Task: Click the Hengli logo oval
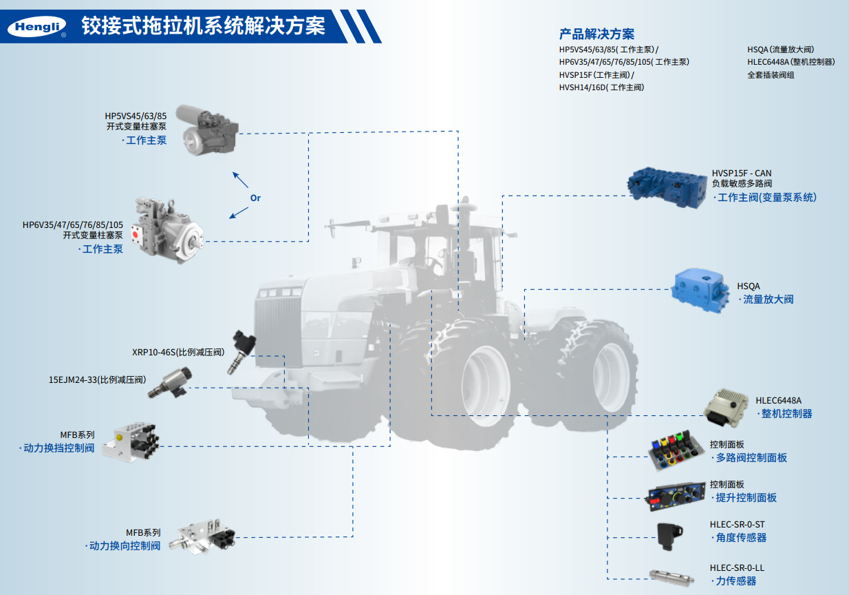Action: click(36, 26)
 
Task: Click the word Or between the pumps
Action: click(255, 198)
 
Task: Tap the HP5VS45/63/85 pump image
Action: click(207, 130)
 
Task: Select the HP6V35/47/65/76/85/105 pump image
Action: click(167, 230)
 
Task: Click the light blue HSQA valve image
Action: click(700, 291)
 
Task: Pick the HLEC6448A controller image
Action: click(726, 408)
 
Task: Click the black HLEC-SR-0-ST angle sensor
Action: click(669, 536)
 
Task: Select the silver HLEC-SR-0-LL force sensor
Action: click(671, 578)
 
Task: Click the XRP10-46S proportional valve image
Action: click(241, 352)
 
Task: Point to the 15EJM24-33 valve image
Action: click(170, 383)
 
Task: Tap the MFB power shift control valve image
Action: click(131, 442)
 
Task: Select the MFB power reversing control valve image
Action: click(202, 536)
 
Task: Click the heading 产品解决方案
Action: click(597, 34)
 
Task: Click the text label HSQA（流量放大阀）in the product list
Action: click(780, 50)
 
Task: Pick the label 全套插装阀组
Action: click(771, 75)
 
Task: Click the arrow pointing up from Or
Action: click(240, 180)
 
